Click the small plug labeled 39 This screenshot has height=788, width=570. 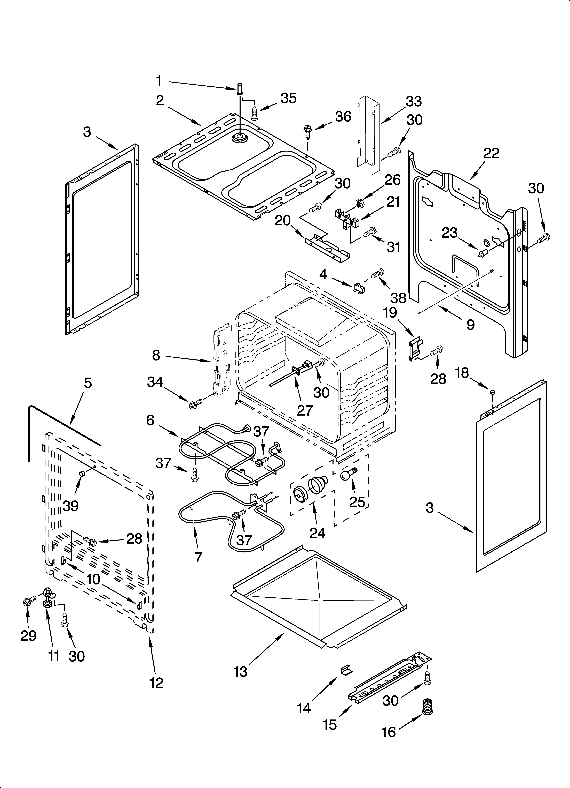click(82, 474)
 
